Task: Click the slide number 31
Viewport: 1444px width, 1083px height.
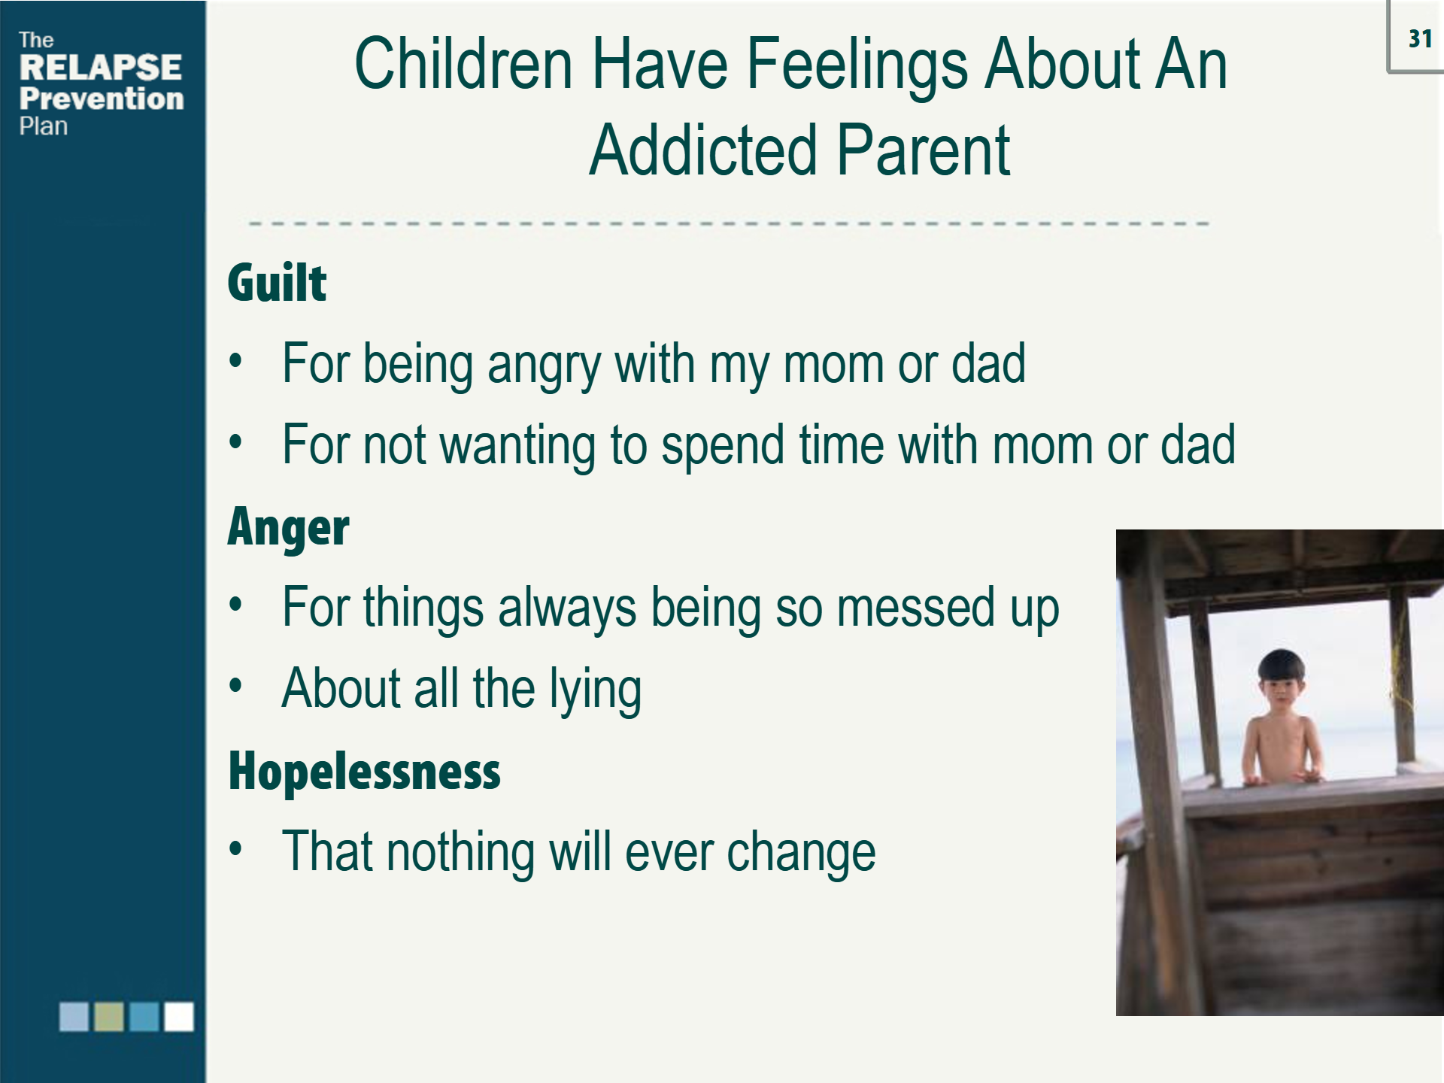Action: click(1420, 38)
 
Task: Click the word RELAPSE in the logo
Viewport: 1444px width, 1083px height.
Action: click(101, 67)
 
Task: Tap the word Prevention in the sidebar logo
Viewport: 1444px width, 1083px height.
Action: click(102, 99)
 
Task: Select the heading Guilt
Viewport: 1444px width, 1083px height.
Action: click(277, 283)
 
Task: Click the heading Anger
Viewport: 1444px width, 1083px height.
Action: click(288, 528)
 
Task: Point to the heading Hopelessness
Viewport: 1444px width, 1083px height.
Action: click(364, 771)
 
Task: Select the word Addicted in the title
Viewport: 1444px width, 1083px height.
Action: click(703, 150)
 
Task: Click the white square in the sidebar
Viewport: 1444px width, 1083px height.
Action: click(179, 1016)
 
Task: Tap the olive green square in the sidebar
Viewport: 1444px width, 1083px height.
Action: click(108, 1016)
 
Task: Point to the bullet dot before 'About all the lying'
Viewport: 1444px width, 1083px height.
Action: click(236, 686)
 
